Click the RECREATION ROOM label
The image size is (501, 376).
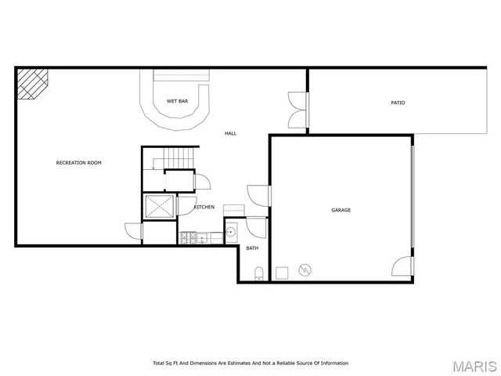(x=78, y=163)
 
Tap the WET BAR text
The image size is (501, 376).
(x=176, y=102)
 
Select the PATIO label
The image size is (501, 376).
(x=398, y=103)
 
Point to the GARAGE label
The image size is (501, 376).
(x=341, y=210)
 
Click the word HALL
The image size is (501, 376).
(x=230, y=133)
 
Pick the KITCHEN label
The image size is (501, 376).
(x=204, y=207)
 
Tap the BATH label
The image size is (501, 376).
(x=252, y=248)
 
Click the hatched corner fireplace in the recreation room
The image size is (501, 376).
(x=32, y=82)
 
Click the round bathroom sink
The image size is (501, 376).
(x=232, y=233)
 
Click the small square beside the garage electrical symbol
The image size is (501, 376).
(x=281, y=272)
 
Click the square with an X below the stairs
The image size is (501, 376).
(x=160, y=207)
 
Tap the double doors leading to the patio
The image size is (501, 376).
(x=298, y=110)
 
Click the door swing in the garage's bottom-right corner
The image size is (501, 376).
(x=403, y=266)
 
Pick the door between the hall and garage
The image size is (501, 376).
(x=260, y=195)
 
